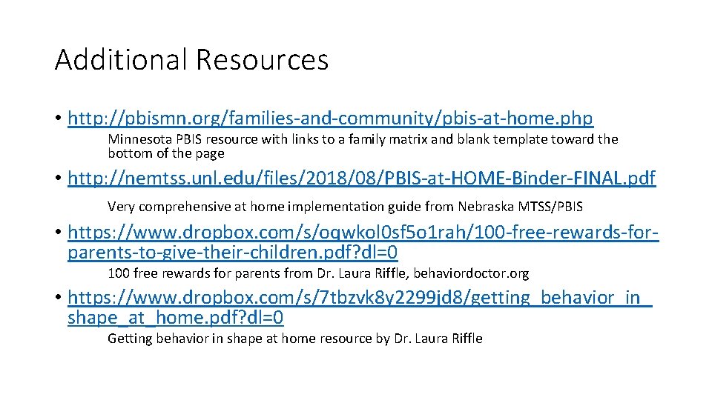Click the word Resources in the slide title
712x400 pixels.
point(262,60)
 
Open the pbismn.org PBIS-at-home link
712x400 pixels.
point(330,118)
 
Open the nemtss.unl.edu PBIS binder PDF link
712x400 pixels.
point(361,179)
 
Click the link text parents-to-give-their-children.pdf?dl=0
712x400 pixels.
point(232,253)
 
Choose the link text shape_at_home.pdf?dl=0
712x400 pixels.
point(175,319)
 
